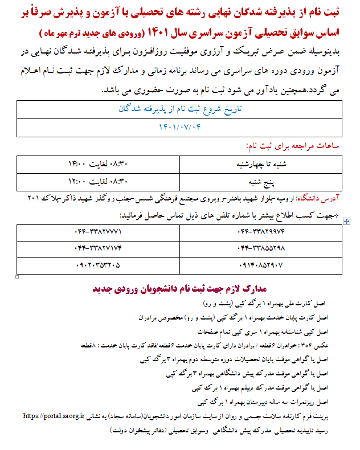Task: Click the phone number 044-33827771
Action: (99, 232)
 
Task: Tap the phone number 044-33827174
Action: (99, 248)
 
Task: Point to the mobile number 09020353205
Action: (98, 264)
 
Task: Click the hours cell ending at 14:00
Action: (99, 165)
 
